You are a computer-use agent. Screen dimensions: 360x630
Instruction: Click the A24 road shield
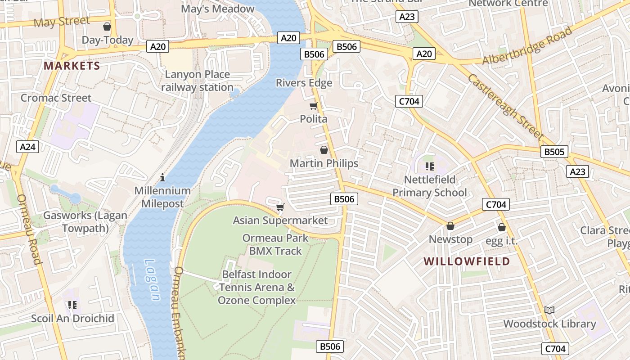point(28,146)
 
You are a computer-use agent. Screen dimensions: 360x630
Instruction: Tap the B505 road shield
point(554,152)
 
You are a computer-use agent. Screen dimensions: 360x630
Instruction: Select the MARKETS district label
point(72,66)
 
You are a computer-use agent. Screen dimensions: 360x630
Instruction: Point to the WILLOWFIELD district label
point(467,261)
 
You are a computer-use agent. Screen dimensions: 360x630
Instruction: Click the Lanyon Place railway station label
point(197,81)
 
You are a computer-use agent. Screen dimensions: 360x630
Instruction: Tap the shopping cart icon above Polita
point(314,106)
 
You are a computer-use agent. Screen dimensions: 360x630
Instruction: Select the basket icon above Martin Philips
point(324,150)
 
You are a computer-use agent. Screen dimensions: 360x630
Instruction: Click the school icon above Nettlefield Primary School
point(430,166)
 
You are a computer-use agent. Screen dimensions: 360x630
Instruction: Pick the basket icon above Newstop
point(450,226)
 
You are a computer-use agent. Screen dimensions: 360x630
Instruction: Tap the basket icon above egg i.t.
point(501,227)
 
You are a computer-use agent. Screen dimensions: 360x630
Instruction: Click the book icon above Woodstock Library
point(549,310)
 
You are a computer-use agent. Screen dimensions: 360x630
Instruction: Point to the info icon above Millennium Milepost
point(163,177)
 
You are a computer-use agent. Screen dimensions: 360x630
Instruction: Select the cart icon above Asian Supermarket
point(280,207)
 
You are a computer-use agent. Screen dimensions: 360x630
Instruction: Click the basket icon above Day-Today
point(107,27)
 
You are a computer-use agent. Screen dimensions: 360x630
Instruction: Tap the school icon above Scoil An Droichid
point(72,305)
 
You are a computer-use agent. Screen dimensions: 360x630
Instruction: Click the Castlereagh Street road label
point(506,107)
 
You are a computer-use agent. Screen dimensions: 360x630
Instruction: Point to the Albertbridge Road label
point(527,45)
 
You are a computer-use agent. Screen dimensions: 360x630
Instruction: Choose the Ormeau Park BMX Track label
point(275,244)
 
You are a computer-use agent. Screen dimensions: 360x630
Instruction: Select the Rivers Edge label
point(304,83)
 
